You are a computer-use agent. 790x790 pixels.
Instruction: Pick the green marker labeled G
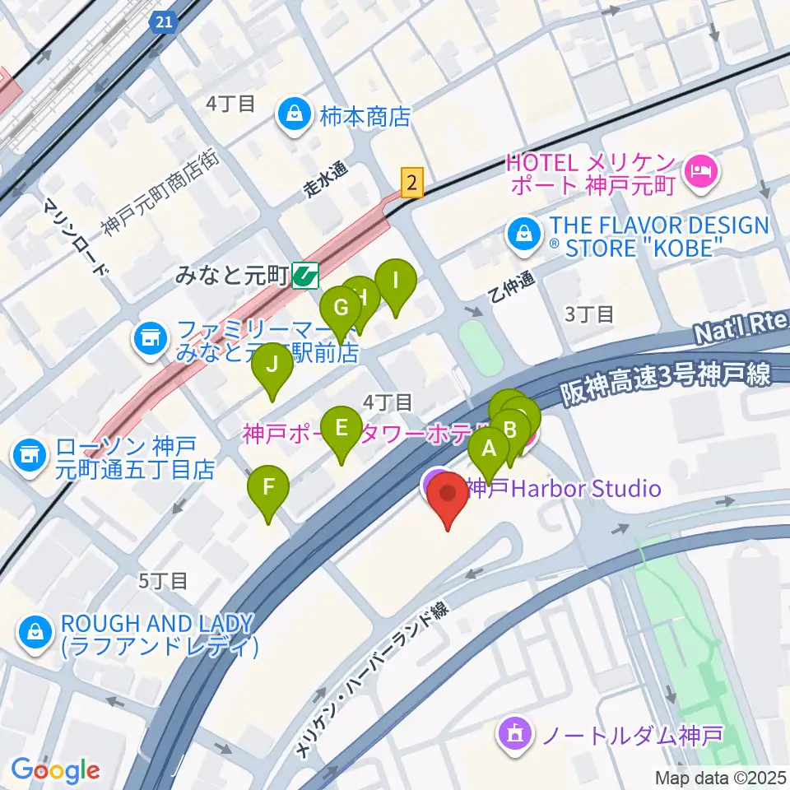point(341,312)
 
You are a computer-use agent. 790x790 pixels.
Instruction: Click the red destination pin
point(448,499)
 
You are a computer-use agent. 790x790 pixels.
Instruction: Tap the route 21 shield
point(164,21)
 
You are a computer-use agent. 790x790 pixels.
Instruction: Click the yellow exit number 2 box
point(412,183)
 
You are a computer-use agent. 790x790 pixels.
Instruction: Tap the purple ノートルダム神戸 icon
point(515,732)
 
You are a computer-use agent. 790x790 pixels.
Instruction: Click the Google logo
point(55,770)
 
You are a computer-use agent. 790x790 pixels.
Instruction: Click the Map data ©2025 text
point(721,778)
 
